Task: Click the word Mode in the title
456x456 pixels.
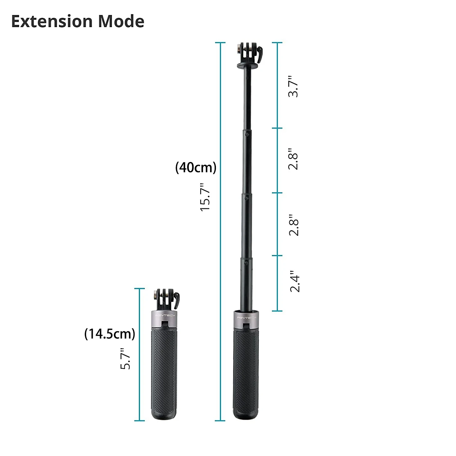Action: point(121,21)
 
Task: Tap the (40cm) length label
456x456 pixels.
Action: point(196,167)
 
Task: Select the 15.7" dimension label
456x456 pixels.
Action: point(205,197)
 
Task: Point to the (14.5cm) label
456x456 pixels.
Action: point(110,334)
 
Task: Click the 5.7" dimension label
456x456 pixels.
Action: point(125,359)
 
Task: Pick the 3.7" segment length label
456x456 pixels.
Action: point(293,86)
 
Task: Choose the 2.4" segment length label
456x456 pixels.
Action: point(294,281)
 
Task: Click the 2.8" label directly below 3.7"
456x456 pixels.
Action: point(293,159)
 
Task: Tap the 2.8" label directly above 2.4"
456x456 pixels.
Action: point(294,225)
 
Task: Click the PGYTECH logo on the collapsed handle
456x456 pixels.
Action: point(165,315)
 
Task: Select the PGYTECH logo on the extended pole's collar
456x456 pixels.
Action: point(246,318)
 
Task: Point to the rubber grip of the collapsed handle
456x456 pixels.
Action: point(164,373)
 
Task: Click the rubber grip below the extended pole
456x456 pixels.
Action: point(246,373)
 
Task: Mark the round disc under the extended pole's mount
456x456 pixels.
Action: point(247,66)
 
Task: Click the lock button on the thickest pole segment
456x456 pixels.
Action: point(246,263)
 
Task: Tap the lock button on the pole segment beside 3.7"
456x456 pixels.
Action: point(247,134)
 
